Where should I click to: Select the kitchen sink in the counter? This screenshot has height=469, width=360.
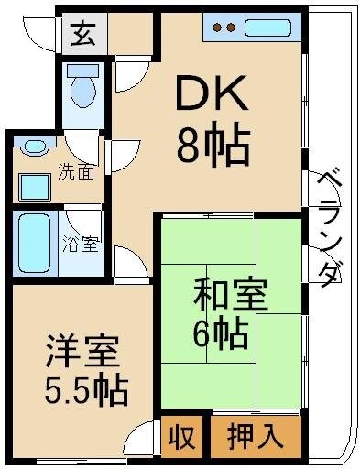[267, 27]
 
